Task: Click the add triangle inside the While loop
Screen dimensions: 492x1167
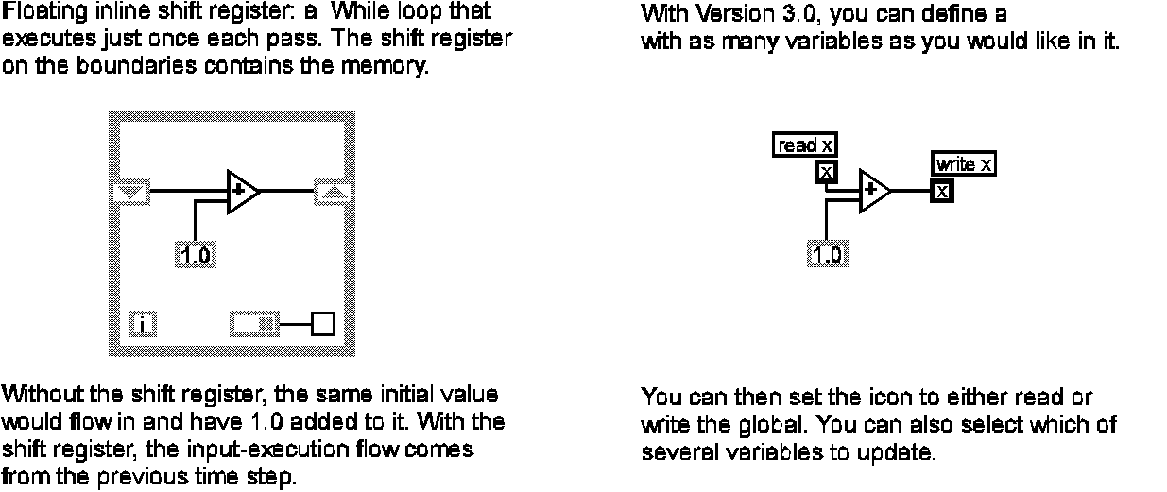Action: pyautogui.click(x=242, y=191)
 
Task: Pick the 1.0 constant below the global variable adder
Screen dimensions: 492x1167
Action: pyautogui.click(x=828, y=253)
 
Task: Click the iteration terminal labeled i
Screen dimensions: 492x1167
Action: pyautogui.click(x=142, y=326)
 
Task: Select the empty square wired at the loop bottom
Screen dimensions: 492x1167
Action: pyautogui.click(x=324, y=325)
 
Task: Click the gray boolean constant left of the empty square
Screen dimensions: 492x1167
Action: pyautogui.click(x=254, y=326)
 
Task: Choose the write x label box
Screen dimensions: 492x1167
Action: pyautogui.click(x=964, y=164)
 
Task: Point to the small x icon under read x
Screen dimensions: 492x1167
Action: pyautogui.click(x=826, y=171)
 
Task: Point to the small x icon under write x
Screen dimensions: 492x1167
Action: pyautogui.click(x=942, y=191)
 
